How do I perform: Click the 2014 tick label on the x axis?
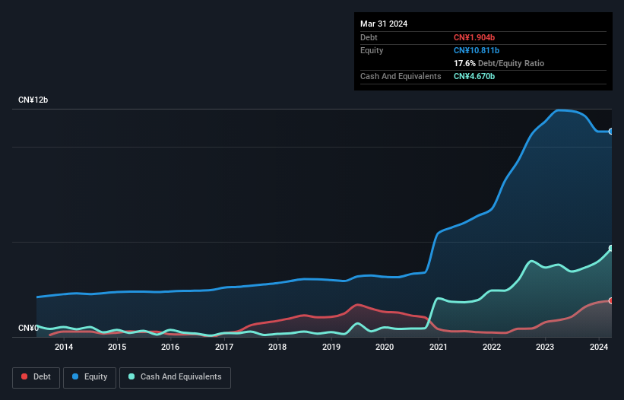(x=64, y=348)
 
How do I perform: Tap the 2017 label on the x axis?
(x=224, y=348)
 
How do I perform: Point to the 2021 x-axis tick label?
(x=438, y=348)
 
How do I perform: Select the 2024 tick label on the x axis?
(x=598, y=348)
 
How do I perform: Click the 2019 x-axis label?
(x=331, y=348)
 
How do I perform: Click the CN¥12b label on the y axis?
(x=33, y=100)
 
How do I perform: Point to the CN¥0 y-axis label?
(x=28, y=329)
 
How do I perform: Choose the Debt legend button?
(x=36, y=377)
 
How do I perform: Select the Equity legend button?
(x=90, y=377)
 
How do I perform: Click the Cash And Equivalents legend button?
(x=175, y=377)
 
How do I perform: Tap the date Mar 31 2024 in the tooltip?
(x=384, y=24)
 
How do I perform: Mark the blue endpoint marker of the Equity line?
(x=611, y=132)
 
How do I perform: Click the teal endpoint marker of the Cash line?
(x=611, y=249)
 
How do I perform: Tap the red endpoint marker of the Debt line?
(x=611, y=301)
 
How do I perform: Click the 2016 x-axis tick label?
(x=170, y=348)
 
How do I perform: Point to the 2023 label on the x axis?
(x=545, y=348)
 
